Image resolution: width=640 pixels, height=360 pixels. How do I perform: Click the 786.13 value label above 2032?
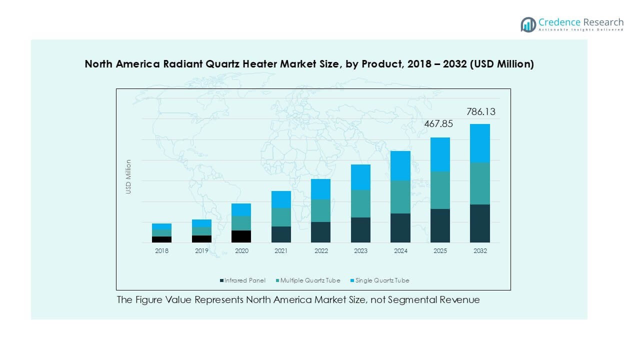(481, 111)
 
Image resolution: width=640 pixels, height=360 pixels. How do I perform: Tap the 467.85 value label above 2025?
(438, 124)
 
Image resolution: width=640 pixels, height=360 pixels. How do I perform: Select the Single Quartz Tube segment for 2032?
(480, 143)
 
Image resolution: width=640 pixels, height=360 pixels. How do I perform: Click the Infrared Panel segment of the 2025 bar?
(440, 225)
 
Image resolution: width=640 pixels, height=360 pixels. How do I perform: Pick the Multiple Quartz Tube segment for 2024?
(400, 197)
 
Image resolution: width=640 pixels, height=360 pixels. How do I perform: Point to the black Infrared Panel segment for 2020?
(241, 236)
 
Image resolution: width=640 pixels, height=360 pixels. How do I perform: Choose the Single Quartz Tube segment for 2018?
(161, 226)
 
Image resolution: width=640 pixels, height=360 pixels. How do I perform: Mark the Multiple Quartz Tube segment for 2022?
(320, 210)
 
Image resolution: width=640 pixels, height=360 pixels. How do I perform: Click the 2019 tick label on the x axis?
(201, 251)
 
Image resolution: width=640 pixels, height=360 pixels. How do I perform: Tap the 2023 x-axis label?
(360, 251)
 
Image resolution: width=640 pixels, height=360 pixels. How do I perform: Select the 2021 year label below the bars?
(281, 251)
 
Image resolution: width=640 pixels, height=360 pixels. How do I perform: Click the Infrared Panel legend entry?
(243, 280)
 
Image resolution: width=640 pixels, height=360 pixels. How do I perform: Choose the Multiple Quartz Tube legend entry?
(307, 280)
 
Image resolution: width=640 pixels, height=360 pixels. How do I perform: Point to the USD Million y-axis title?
(128, 176)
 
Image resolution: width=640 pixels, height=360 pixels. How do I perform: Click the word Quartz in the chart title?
(219, 64)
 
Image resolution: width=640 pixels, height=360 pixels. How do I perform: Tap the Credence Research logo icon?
(528, 24)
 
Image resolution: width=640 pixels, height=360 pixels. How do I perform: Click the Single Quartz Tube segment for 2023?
(360, 177)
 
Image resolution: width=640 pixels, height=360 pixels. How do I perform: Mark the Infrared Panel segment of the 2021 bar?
(281, 234)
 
